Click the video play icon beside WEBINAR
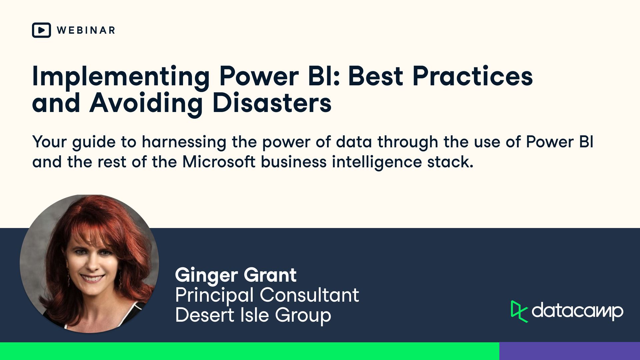(41, 30)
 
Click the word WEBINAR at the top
(86, 30)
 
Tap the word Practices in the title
(472, 77)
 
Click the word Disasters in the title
(272, 103)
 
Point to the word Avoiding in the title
(146, 103)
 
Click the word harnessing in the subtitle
(184, 142)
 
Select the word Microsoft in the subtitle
(219, 162)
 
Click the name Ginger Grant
(236, 275)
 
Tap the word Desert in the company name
(205, 315)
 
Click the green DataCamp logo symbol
(519, 312)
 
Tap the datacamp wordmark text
(577, 311)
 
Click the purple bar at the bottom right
(569, 351)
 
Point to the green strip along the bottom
(249, 351)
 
